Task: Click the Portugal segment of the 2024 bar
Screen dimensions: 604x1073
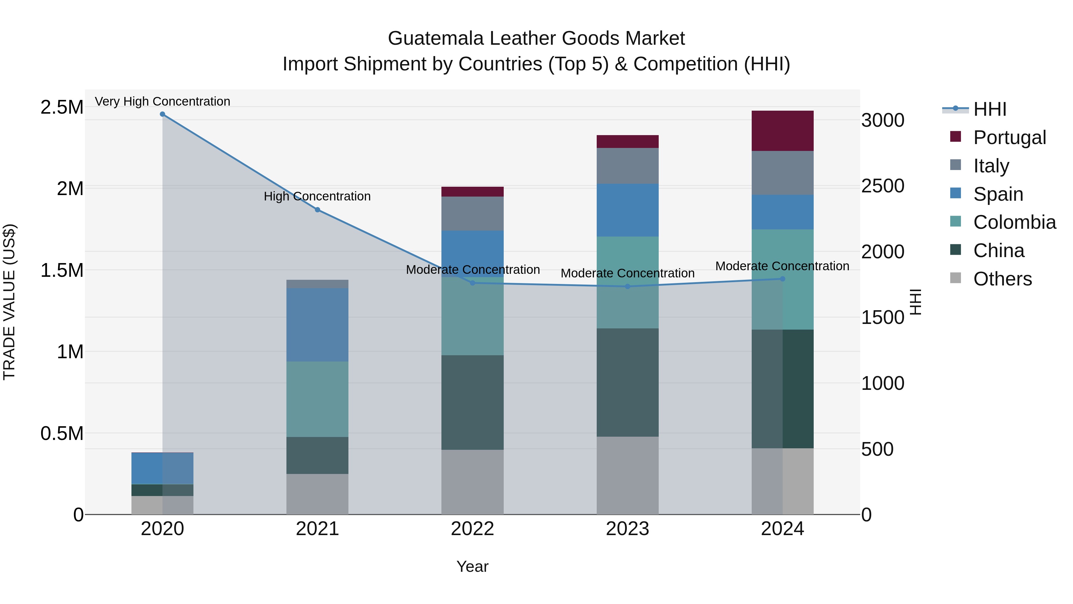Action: point(782,130)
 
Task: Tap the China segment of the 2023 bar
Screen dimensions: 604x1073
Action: point(627,382)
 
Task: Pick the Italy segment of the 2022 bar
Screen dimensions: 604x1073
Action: point(472,214)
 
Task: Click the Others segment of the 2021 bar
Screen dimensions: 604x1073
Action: point(317,494)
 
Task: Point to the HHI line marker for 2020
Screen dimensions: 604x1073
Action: point(162,114)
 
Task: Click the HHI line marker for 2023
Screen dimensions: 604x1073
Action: point(627,286)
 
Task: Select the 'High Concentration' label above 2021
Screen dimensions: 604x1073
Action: point(317,196)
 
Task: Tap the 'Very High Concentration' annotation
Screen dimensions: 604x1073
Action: point(162,102)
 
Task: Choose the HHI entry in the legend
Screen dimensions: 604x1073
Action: point(989,109)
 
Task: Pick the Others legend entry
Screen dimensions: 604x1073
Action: point(1002,279)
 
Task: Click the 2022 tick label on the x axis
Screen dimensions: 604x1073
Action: point(472,529)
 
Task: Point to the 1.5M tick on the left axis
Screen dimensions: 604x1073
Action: point(62,270)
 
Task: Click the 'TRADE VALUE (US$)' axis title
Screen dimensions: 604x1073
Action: point(10,302)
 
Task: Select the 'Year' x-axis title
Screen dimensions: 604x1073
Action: point(472,566)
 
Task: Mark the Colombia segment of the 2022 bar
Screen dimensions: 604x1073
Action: point(472,316)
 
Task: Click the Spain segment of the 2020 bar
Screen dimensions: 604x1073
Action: point(162,468)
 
